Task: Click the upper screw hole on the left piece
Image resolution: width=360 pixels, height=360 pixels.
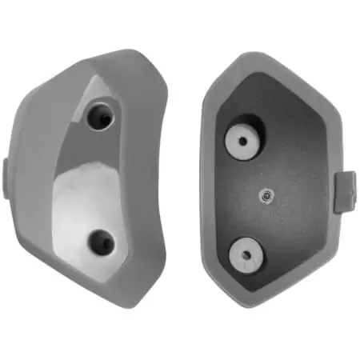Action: (x=102, y=116)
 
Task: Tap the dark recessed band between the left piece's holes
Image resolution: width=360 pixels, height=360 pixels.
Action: (x=112, y=172)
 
